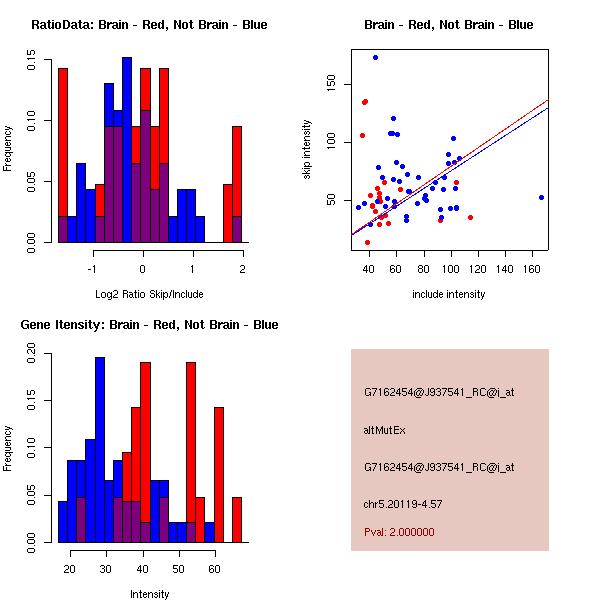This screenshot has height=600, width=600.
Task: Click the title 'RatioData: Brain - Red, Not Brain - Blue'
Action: pos(149,25)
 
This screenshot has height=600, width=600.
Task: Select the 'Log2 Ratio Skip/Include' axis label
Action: pos(149,294)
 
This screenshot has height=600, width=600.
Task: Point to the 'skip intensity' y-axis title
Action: pos(307,150)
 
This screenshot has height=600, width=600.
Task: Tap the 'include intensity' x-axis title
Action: pos(449,294)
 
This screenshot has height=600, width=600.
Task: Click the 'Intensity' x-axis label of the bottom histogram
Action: pos(149,594)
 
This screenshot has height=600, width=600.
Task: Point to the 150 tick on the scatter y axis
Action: pos(331,85)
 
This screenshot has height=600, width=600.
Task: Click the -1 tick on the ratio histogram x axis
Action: pos(93,269)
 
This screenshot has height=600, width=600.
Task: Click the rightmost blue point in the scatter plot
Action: pos(541,197)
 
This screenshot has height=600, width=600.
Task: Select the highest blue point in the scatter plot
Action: pos(375,57)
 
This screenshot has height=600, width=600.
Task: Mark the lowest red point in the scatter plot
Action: pos(367,242)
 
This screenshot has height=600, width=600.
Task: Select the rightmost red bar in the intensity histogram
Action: pos(237,520)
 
